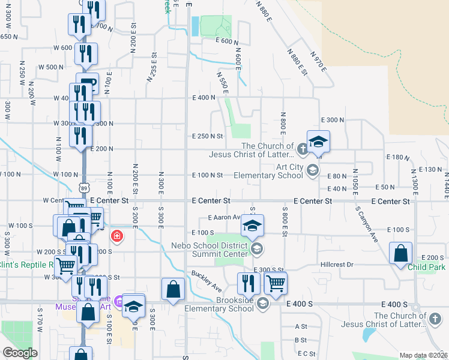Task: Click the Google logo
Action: point(20,353)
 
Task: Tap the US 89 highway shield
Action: point(83,190)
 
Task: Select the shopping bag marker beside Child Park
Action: point(400,253)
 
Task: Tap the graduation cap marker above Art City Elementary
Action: point(318,142)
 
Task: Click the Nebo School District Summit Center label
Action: point(209,250)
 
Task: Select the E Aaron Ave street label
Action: point(224,218)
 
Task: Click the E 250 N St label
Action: point(207,136)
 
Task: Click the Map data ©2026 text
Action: point(423,355)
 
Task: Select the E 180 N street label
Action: point(397,157)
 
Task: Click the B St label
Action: point(301,340)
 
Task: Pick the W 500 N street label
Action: point(54,67)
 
